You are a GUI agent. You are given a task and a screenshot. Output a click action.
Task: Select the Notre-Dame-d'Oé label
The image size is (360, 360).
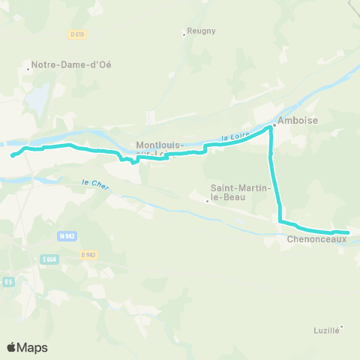(72, 64)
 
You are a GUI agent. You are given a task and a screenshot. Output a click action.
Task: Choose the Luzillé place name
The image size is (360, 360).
(325, 331)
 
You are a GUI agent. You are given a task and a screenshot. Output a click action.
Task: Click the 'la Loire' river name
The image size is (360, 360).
(236, 136)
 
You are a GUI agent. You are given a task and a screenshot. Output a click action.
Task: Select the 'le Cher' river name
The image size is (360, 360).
(93, 182)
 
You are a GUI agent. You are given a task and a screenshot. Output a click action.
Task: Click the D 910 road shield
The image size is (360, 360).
(77, 34)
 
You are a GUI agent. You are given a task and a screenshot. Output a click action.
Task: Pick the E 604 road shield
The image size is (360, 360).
(50, 259)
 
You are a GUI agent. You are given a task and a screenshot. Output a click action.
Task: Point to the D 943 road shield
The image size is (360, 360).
(88, 254)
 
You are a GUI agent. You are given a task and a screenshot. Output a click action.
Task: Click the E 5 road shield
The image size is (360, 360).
(8, 281)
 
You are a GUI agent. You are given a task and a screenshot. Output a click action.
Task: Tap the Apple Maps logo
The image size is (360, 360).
(27, 347)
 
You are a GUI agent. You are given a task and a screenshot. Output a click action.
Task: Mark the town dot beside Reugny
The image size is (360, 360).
(184, 33)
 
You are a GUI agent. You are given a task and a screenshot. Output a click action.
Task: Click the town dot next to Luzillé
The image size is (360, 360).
(342, 326)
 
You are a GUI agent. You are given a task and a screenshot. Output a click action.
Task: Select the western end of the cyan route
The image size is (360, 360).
(13, 156)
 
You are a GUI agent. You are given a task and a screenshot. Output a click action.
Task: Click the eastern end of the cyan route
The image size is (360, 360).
(348, 233)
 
